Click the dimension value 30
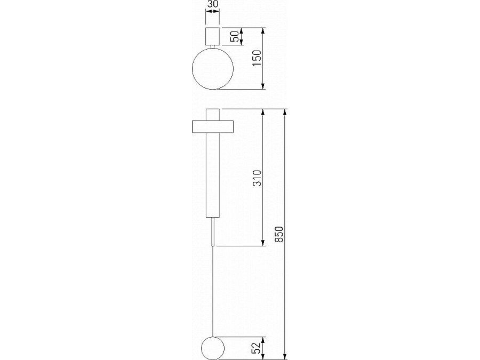point(212,5)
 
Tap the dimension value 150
point(257,58)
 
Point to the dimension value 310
point(257,178)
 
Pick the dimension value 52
point(257,347)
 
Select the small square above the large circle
point(212,37)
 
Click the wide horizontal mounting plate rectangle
point(212,126)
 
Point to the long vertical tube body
point(212,176)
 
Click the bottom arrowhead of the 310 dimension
point(263,243)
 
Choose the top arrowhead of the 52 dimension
point(263,340)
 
